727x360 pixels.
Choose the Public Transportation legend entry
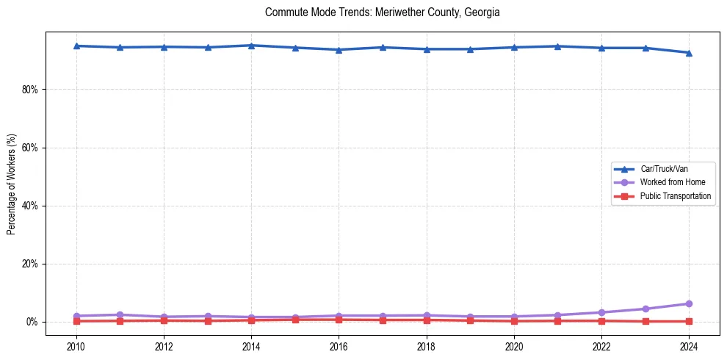pos(676,196)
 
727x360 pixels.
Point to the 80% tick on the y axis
pos(33,90)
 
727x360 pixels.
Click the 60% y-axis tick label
pos(33,148)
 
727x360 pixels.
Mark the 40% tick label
pos(33,206)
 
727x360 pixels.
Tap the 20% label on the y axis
pos(33,264)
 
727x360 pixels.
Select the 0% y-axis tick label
pos(35,322)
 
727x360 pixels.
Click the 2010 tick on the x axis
pos(76,346)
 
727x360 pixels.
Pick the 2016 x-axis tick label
pos(339,346)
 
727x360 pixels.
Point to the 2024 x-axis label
pos(689,346)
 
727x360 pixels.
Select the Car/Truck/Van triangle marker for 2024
pos(689,53)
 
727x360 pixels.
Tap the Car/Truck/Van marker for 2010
pos(76,46)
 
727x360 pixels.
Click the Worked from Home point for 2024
pos(689,303)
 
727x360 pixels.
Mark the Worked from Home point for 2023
pos(645,309)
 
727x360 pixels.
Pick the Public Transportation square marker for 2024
pos(689,321)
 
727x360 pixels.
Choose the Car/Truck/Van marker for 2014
pos(251,46)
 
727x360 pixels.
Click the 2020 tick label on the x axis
pos(514,346)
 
